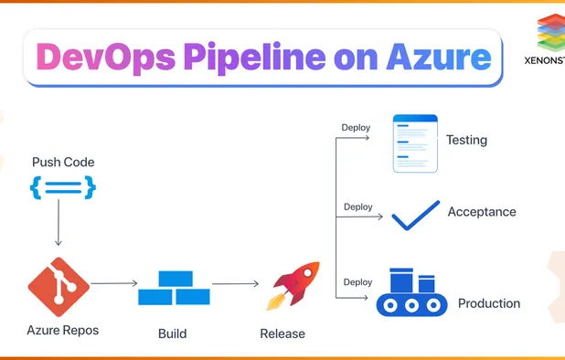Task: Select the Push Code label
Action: pyautogui.click(x=63, y=163)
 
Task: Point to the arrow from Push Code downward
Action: pyautogui.click(x=59, y=224)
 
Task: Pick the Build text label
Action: pyautogui.click(x=172, y=334)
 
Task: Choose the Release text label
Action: pyautogui.click(x=282, y=334)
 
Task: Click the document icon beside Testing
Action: pyautogui.click(x=414, y=143)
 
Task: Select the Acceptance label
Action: pyautogui.click(x=482, y=212)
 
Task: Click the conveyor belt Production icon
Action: pyautogui.click(x=411, y=292)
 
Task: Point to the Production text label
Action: pyautogui.click(x=489, y=303)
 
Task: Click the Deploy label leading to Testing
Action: pyautogui.click(x=356, y=127)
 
